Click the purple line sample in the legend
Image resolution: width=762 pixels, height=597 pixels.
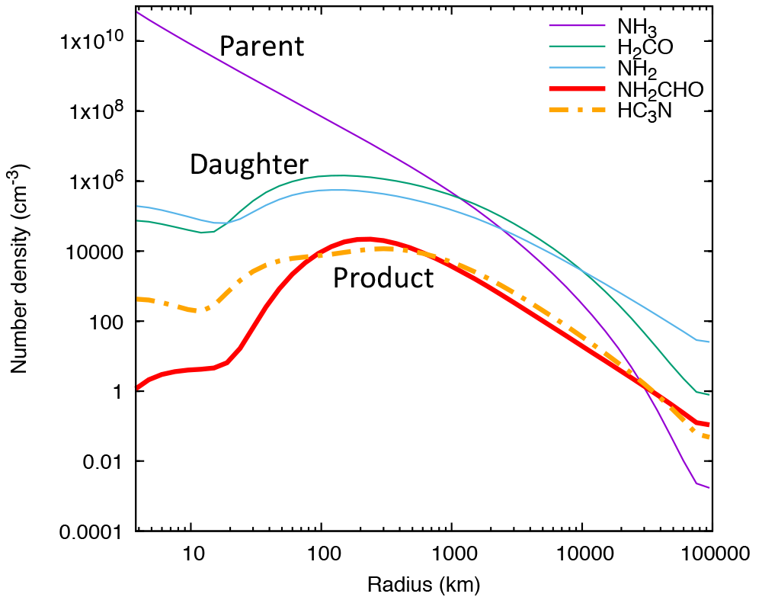point(577,25)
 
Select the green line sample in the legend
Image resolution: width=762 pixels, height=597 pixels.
point(577,47)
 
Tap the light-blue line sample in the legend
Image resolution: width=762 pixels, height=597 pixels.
point(577,67)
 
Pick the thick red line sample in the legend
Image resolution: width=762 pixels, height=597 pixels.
point(577,88)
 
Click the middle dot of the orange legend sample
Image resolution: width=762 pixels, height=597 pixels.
point(577,110)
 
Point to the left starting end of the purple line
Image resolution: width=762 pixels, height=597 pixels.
point(137,12)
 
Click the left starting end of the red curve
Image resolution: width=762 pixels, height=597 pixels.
point(137,387)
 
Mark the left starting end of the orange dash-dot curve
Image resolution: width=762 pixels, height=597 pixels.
point(138,299)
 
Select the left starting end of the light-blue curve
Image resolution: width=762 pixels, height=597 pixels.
point(137,206)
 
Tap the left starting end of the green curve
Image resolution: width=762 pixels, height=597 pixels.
point(137,220)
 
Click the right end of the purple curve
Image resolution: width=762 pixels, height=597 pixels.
point(709,488)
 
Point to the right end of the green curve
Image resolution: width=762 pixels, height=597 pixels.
point(709,395)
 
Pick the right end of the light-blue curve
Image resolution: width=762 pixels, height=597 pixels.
point(709,342)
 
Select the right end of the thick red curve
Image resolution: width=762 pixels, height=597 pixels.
point(709,425)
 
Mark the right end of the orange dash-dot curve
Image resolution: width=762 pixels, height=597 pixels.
point(709,438)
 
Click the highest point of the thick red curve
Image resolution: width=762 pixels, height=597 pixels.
point(366,239)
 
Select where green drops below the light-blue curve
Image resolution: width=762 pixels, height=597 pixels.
point(583,270)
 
